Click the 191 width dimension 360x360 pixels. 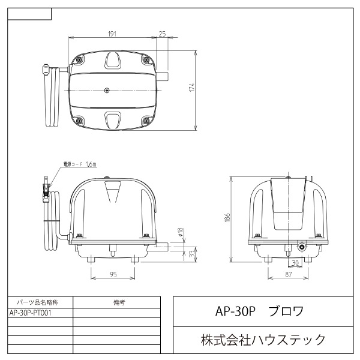tap(112, 34)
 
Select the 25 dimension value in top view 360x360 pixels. tap(163, 34)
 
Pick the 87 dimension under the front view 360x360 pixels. tap(288, 275)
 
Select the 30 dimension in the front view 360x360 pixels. tap(295, 262)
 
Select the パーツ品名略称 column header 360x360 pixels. tap(40, 302)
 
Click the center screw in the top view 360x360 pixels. tap(107, 90)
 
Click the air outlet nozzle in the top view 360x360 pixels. tap(163, 76)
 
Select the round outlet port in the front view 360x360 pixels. tap(301, 246)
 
